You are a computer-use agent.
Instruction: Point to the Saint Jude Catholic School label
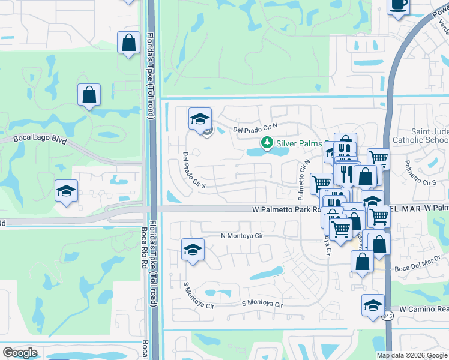(420, 136)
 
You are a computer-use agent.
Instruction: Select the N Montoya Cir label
(242, 236)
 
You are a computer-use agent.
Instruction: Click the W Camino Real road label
(423, 308)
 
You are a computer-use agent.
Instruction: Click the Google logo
(20, 353)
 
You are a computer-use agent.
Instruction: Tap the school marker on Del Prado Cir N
(200, 118)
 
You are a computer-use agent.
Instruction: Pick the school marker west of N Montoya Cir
(193, 250)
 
